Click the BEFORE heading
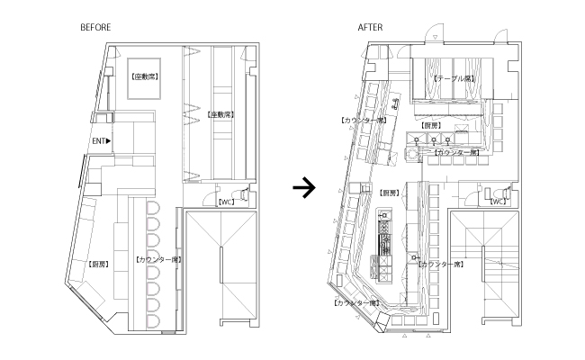[95, 28]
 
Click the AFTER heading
[370, 28]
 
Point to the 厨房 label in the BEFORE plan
[101, 264]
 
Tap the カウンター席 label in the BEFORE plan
[158, 259]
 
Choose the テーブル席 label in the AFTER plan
[454, 78]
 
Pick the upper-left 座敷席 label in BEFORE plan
[144, 77]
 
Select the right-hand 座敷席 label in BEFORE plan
[220, 114]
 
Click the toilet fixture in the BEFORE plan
[247, 194]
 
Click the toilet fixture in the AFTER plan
[512, 193]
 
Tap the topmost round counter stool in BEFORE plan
[151, 207]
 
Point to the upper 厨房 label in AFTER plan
[431, 125]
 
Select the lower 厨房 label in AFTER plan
[388, 193]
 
